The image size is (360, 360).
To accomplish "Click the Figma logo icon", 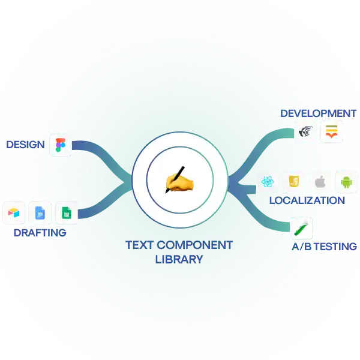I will click(x=61, y=145).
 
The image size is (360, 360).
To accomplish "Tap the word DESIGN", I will click(x=25, y=145).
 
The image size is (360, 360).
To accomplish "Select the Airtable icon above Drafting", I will click(x=14, y=212).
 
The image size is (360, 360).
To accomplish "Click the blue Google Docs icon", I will click(x=40, y=212).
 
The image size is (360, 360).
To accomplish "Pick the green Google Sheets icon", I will click(x=67, y=212).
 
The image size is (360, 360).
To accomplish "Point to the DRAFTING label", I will click(x=40, y=233).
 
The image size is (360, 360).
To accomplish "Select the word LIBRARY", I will click(x=179, y=259).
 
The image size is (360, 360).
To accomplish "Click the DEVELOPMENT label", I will click(x=319, y=113).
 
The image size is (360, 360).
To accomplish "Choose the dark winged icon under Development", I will click(x=305, y=132).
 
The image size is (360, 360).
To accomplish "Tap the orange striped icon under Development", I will click(x=331, y=132).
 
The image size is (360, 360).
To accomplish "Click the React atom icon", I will click(x=268, y=182).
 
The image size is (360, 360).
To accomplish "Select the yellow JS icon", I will click(x=294, y=182).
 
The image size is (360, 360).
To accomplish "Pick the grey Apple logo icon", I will click(x=320, y=182).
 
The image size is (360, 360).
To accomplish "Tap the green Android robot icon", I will click(x=346, y=182).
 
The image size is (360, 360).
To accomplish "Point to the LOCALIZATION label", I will click(x=307, y=200).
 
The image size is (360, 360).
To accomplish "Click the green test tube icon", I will click(x=301, y=228).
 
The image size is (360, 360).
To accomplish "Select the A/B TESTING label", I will click(x=324, y=247).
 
